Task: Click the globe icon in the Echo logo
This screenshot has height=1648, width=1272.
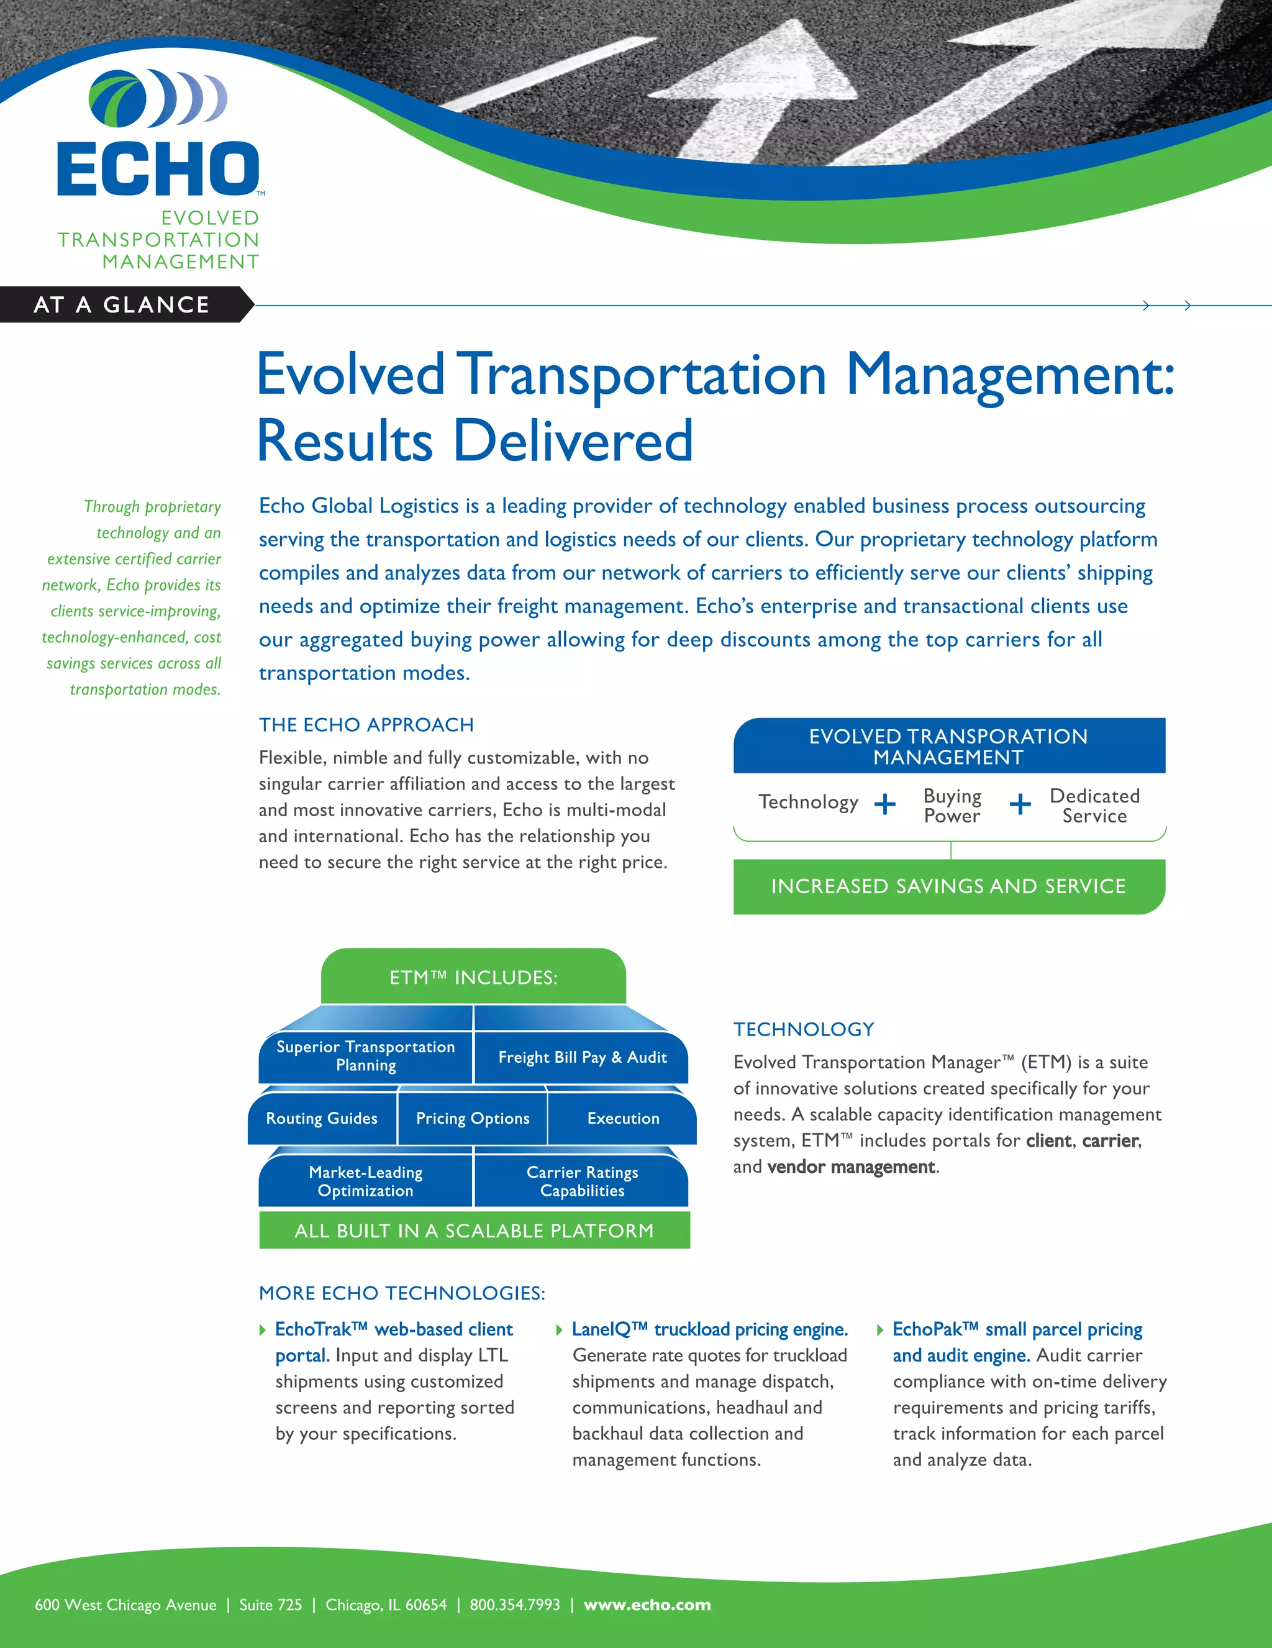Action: (x=119, y=98)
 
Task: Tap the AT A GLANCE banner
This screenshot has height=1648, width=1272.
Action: (x=122, y=304)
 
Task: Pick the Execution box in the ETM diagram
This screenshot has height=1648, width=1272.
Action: (x=622, y=1118)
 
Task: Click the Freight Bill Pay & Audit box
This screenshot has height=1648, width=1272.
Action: (x=582, y=1057)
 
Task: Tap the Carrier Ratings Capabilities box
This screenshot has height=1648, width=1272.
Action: (x=582, y=1181)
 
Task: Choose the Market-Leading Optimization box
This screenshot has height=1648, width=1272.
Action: (x=366, y=1181)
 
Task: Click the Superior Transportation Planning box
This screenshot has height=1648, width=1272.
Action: (x=366, y=1055)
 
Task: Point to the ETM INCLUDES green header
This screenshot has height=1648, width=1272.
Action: (x=473, y=977)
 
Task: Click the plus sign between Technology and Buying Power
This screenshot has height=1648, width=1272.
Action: (x=885, y=804)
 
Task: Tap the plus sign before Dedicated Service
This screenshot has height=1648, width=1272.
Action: (x=1020, y=804)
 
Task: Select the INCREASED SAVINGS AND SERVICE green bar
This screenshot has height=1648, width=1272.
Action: (x=948, y=886)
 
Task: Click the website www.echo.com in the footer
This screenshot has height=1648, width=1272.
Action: (x=647, y=1605)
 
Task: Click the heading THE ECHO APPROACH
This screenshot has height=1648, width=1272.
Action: (x=366, y=724)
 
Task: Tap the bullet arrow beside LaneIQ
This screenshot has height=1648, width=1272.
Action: (x=559, y=1329)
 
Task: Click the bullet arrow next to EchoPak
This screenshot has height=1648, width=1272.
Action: (x=879, y=1329)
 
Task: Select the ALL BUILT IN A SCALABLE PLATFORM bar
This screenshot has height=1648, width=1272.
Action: (x=474, y=1231)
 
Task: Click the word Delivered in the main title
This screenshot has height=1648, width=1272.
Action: (x=573, y=440)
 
